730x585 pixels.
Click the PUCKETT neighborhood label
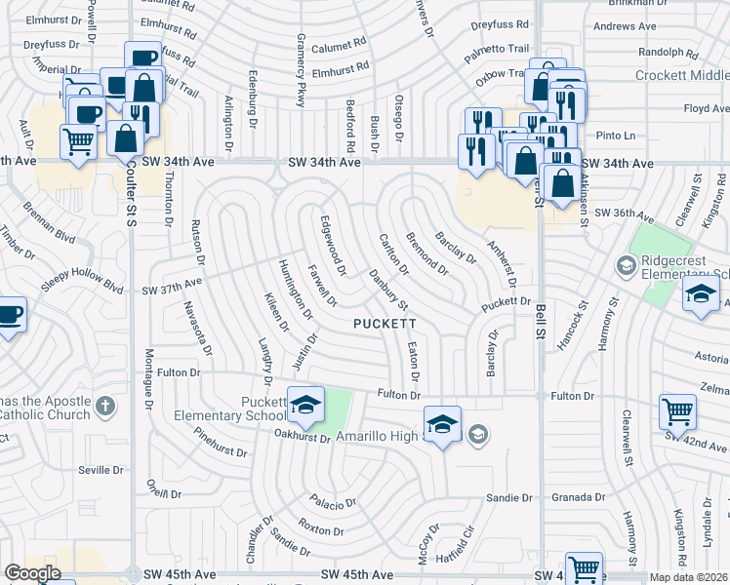tap(385, 323)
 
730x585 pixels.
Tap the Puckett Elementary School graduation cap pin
tap(305, 406)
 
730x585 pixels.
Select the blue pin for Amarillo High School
tap(442, 424)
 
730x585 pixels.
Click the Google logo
tap(33, 573)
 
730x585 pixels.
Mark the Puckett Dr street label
tap(505, 303)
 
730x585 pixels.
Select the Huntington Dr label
tap(296, 291)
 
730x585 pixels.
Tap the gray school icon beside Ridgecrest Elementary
tap(625, 264)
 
